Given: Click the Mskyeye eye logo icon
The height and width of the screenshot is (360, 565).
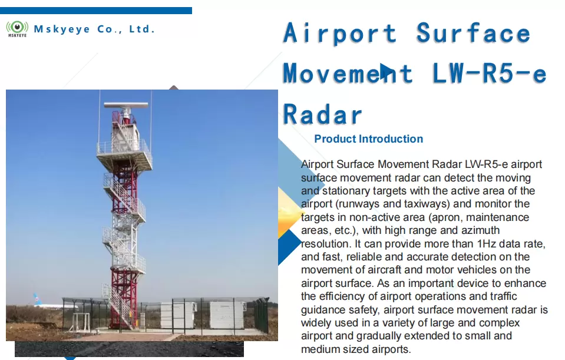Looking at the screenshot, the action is pos(17,28).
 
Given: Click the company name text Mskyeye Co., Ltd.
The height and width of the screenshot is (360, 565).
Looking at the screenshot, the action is pos(94,29).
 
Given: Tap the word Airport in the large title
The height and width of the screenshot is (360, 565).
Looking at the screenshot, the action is pos(340,33).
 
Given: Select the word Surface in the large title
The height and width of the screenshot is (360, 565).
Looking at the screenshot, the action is pos(473,33).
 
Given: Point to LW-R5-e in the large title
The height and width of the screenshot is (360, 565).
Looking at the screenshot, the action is pos(489,73).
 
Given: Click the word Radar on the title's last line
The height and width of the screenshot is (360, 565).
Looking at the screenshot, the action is pos(322,114).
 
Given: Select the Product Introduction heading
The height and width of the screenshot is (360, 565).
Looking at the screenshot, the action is pos(369,138).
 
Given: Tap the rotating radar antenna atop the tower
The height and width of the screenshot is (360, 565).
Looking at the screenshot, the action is pos(125,105).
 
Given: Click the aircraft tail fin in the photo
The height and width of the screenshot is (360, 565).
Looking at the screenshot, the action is pos(37,299).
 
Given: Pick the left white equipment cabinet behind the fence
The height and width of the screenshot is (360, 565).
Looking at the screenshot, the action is pos(178,315).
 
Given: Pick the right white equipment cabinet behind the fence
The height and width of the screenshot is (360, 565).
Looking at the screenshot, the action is pos(227,315).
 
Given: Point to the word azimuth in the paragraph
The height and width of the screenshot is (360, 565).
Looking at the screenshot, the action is pos(480,230).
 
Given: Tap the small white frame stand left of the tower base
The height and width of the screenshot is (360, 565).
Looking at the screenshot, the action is pos(81,322).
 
